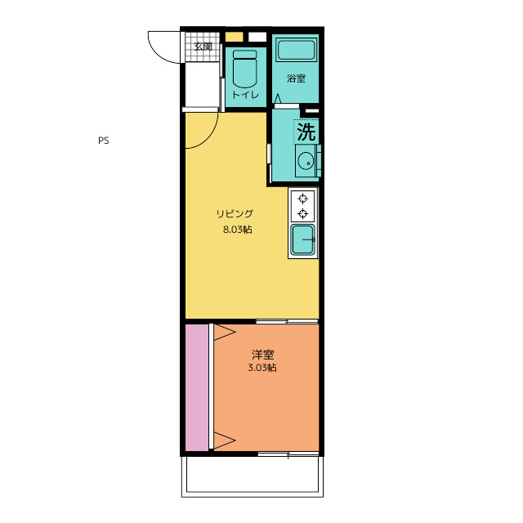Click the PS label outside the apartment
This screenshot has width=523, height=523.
(x=104, y=141)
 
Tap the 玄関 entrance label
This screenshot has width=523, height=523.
(x=203, y=47)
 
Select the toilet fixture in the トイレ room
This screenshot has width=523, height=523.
(x=245, y=69)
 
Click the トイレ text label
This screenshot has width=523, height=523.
(x=245, y=95)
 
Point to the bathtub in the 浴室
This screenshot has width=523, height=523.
(x=296, y=50)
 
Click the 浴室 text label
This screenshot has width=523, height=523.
(x=296, y=78)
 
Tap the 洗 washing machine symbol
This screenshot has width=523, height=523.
(x=306, y=132)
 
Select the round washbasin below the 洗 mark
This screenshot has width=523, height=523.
(x=306, y=161)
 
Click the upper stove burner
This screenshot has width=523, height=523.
(x=303, y=199)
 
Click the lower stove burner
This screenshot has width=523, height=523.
(x=303, y=213)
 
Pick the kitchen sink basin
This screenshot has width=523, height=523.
(x=302, y=239)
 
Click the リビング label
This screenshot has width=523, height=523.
(x=235, y=213)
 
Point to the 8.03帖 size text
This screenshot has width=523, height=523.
(x=238, y=230)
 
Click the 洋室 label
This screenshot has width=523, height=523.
(x=263, y=354)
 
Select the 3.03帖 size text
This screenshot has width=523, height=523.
(x=262, y=368)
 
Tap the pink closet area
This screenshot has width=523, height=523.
(x=197, y=387)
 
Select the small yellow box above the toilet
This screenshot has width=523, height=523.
(x=235, y=37)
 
